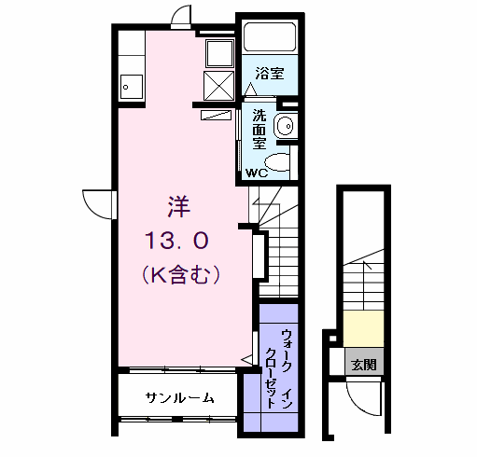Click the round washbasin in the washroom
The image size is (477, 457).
pos(287,125)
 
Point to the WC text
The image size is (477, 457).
pos(258,173)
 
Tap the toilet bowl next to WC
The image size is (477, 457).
pos(284,164)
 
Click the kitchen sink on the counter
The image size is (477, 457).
pos(129,89)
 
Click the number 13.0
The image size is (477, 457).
pos(176,241)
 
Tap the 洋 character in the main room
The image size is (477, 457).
pos(177,205)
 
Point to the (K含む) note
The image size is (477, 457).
pos(181,274)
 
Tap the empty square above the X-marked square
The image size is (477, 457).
pos(220,51)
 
